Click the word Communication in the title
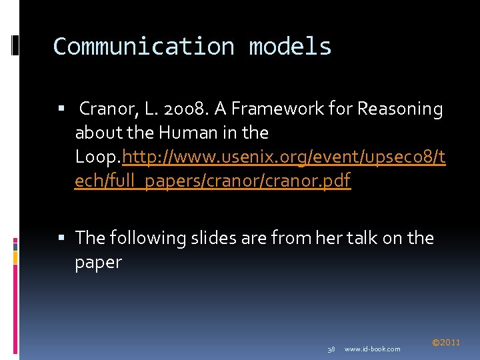coord(143,47)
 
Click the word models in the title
coord(290,47)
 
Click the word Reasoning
coord(400,109)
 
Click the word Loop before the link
coord(96,157)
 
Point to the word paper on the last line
coord(99,262)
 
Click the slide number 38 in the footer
coord(331,349)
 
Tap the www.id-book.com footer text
coord(373,349)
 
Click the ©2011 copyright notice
coord(446,343)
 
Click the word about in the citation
coord(99,133)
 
